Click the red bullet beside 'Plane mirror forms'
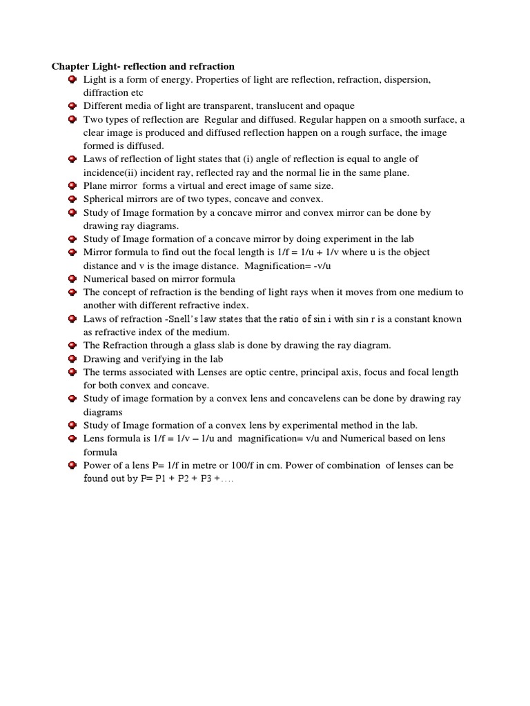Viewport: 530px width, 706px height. click(x=72, y=185)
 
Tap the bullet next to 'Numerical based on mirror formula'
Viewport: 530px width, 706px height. click(x=72, y=279)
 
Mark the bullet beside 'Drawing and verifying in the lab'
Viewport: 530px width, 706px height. click(x=72, y=359)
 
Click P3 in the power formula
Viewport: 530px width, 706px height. click(x=202, y=478)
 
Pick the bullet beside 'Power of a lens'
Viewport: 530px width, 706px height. click(x=72, y=465)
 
